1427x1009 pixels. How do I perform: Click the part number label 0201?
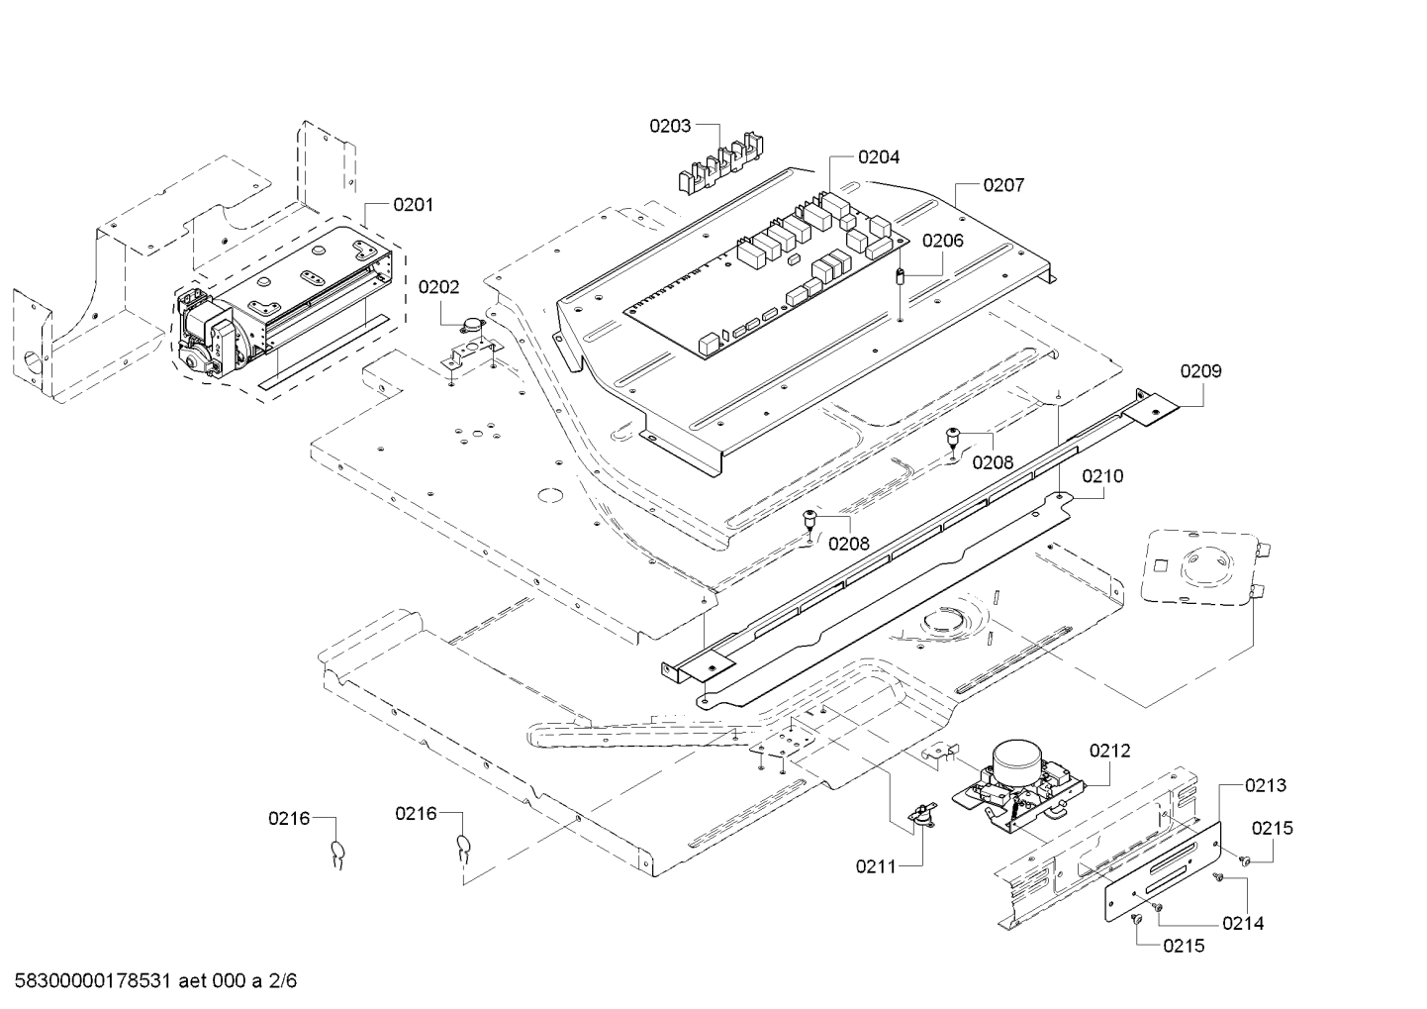click(x=413, y=205)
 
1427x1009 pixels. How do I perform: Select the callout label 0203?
click(x=670, y=126)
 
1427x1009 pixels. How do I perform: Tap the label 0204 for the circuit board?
click(x=879, y=156)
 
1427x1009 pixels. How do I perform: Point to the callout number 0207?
click(x=1003, y=185)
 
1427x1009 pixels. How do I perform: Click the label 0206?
click(x=943, y=241)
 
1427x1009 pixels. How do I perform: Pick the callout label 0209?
click(x=1200, y=371)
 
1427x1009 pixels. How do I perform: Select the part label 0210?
click(x=1102, y=476)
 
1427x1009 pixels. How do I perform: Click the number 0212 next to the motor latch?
click(x=1109, y=751)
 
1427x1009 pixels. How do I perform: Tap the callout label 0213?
click(x=1266, y=785)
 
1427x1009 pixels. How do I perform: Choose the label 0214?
click(x=1243, y=923)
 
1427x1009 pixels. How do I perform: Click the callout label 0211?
click(x=876, y=866)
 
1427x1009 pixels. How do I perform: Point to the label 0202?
click(x=438, y=287)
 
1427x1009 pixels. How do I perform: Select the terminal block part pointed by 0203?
click(x=720, y=162)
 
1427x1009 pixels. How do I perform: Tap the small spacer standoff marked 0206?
click(x=901, y=278)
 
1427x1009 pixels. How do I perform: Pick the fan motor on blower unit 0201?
click(x=205, y=333)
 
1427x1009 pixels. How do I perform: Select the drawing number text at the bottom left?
click(x=155, y=980)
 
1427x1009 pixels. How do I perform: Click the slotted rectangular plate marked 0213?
click(x=1163, y=870)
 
